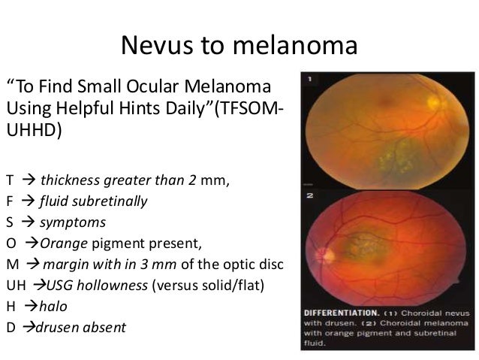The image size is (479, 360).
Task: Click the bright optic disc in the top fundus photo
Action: point(435,100)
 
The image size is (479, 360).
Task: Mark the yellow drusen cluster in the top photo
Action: point(390,155)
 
